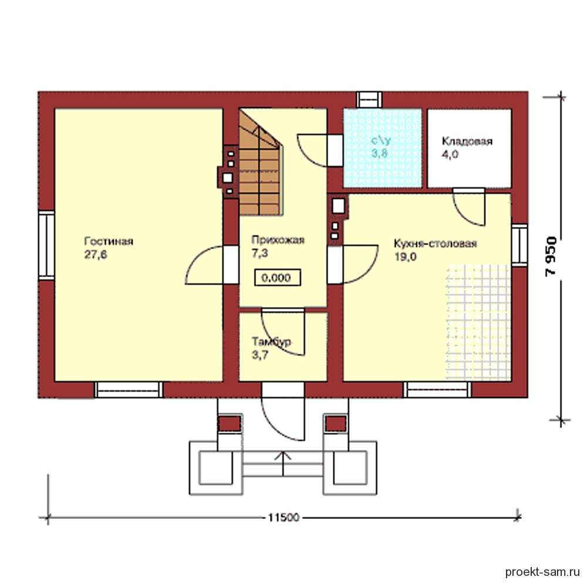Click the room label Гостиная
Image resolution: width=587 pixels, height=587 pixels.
tap(109, 241)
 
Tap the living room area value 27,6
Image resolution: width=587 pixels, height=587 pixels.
tap(96, 255)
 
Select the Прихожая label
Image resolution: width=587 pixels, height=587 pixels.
tap(278, 239)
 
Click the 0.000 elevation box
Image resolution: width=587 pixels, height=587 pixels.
tap(278, 278)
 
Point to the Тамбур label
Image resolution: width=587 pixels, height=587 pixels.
tap(271, 342)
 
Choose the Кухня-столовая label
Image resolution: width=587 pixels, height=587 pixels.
tap(436, 244)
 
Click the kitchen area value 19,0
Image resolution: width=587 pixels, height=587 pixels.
tap(405, 257)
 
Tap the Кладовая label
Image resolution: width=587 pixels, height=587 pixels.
tap(467, 141)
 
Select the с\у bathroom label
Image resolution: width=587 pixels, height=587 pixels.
tap(381, 141)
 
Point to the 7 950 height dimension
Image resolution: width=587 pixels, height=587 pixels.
tap(551, 257)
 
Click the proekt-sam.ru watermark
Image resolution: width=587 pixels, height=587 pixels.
tap(542, 572)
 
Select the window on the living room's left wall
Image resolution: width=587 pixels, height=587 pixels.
tap(46, 245)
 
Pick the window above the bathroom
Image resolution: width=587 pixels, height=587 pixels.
tap(369, 100)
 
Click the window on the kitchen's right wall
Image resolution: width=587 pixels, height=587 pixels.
tap(519, 246)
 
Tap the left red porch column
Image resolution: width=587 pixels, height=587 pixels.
tap(229, 424)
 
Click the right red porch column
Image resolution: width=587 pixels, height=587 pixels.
tap(336, 424)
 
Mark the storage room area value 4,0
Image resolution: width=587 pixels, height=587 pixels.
tap(450, 154)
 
